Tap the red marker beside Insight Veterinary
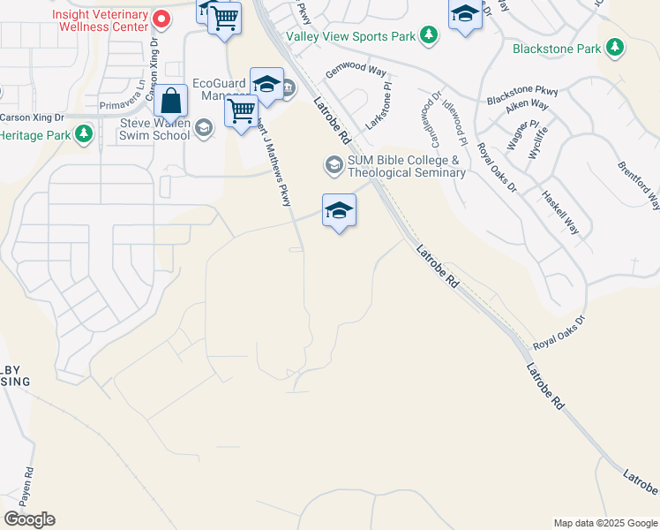(x=161, y=18)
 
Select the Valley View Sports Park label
(x=350, y=37)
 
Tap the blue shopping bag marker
(x=172, y=102)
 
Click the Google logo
(x=29, y=519)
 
